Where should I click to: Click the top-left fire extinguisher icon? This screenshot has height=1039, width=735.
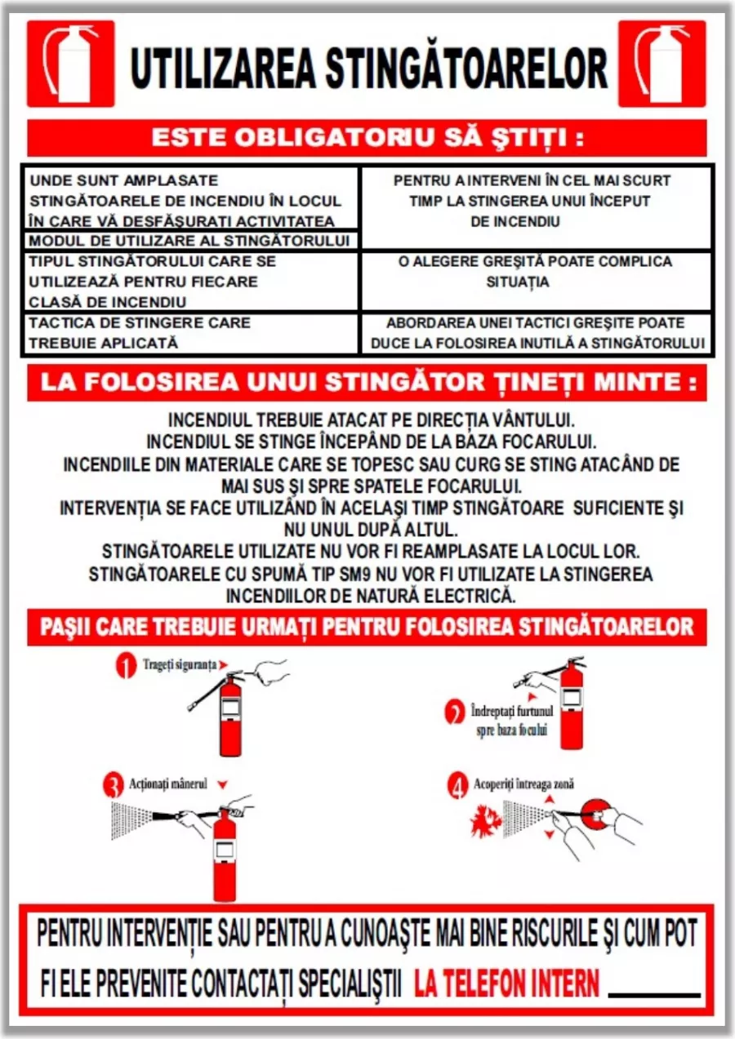pos(70,64)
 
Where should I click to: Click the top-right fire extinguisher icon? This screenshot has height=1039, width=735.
pos(661,64)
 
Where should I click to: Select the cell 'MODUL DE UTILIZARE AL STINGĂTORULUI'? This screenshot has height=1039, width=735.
pos(189,241)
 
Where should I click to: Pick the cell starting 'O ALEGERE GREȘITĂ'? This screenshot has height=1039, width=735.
pos(536,272)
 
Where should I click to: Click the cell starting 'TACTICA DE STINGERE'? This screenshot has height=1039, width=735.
pos(189,333)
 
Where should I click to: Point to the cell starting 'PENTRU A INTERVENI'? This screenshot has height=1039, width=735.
pos(536,201)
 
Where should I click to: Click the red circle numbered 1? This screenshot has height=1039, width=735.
pos(125,666)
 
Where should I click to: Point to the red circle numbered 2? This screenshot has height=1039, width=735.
pos(455,712)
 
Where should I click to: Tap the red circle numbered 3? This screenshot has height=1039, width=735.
pos(113,785)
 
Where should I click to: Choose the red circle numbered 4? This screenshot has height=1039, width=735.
pos(457,786)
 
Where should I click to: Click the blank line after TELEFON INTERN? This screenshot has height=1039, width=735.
pos(654,994)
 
